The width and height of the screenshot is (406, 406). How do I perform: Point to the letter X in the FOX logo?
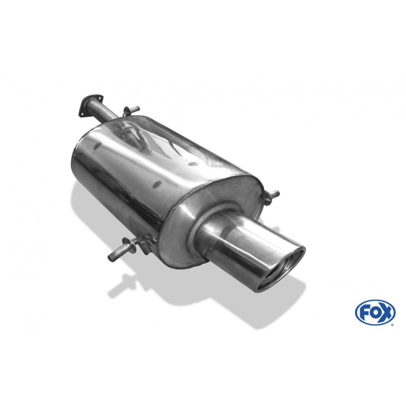385,312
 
